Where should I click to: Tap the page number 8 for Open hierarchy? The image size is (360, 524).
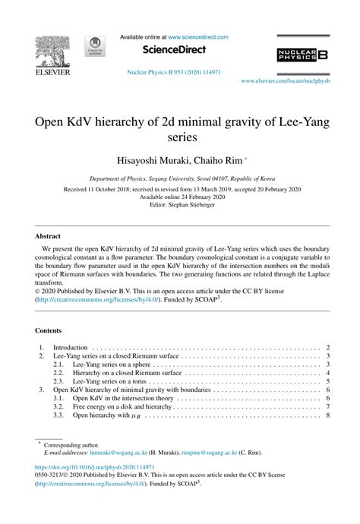pos(327,416)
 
